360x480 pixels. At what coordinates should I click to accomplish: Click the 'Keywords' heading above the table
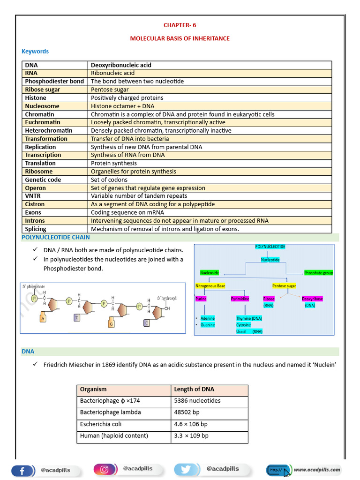(35, 51)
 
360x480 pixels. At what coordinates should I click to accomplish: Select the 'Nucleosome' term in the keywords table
(42, 106)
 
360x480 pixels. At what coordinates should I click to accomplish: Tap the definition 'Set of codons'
(108, 180)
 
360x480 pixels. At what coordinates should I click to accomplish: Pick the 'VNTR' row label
(33, 196)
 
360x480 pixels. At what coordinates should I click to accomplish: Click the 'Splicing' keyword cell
(36, 229)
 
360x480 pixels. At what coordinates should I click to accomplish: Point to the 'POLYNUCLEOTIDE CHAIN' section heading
(56, 237)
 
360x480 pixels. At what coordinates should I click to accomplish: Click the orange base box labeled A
(43, 319)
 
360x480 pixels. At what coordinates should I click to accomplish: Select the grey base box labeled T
(76, 317)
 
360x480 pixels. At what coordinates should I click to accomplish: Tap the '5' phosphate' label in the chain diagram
(34, 286)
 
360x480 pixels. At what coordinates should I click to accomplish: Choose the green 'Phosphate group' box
(318, 272)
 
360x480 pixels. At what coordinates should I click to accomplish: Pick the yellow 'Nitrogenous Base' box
(210, 285)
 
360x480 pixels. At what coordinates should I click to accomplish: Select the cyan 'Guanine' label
(207, 325)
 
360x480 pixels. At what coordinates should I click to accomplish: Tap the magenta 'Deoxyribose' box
(312, 299)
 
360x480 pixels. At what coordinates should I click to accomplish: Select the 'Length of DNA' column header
(194, 389)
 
